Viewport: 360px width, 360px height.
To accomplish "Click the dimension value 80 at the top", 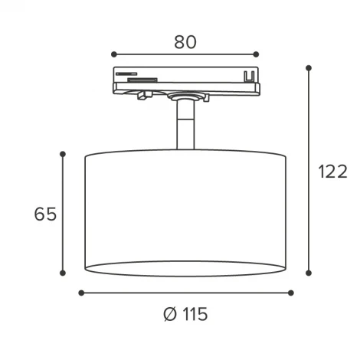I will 185,41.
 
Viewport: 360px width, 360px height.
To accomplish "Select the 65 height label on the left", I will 46,214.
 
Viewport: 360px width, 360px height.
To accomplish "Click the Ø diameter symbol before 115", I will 170,315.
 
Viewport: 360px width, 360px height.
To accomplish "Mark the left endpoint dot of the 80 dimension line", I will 113,54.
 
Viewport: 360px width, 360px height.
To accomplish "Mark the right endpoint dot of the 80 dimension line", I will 256,54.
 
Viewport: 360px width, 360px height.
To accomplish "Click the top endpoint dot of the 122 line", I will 309,67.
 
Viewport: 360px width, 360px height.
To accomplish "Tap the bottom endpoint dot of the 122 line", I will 309,273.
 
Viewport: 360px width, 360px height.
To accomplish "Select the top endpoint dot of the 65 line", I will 62,153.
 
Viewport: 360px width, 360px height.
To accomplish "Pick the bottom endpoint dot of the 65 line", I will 62,273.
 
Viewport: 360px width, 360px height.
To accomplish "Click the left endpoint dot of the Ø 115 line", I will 81,292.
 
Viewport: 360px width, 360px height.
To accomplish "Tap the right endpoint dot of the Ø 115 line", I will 290,292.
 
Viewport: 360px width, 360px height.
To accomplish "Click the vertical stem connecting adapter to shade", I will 185,126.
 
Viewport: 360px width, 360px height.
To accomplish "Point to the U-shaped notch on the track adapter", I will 247,77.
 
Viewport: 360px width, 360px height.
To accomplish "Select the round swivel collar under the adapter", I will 185,97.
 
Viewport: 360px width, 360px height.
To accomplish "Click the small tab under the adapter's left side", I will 142,95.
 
